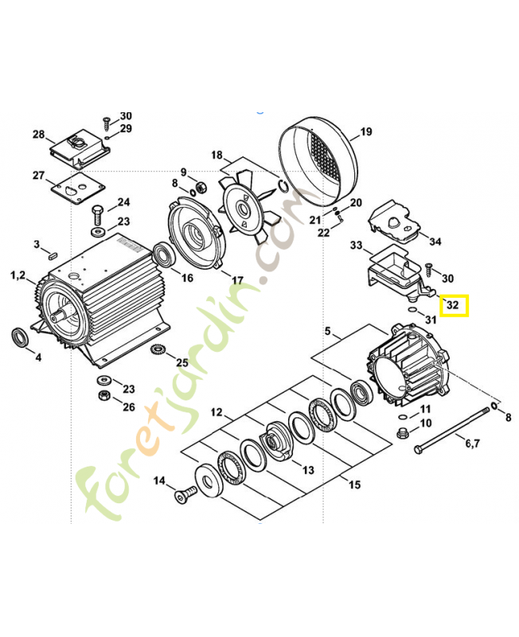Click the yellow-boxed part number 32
(x=452, y=304)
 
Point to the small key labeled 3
(x=53, y=256)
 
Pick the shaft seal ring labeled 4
(x=19, y=337)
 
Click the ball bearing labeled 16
(x=165, y=254)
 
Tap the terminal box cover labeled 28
(x=80, y=149)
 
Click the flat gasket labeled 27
(x=78, y=190)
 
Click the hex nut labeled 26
(x=104, y=394)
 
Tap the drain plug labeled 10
(x=403, y=432)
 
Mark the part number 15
(x=354, y=484)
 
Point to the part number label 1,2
(x=18, y=276)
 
